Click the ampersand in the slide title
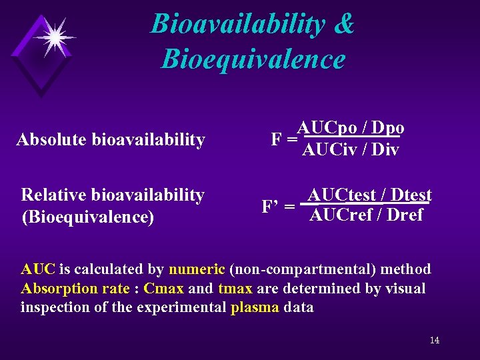click(344, 24)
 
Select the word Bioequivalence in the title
click(253, 59)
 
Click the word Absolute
click(52, 140)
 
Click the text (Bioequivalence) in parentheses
click(87, 217)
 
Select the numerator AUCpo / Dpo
click(351, 127)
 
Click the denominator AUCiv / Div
click(350, 150)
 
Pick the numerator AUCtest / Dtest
click(370, 195)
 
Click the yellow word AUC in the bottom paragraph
click(38, 269)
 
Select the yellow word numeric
click(197, 269)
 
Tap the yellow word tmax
click(235, 289)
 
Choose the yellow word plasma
click(254, 308)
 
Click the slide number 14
click(434, 341)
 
